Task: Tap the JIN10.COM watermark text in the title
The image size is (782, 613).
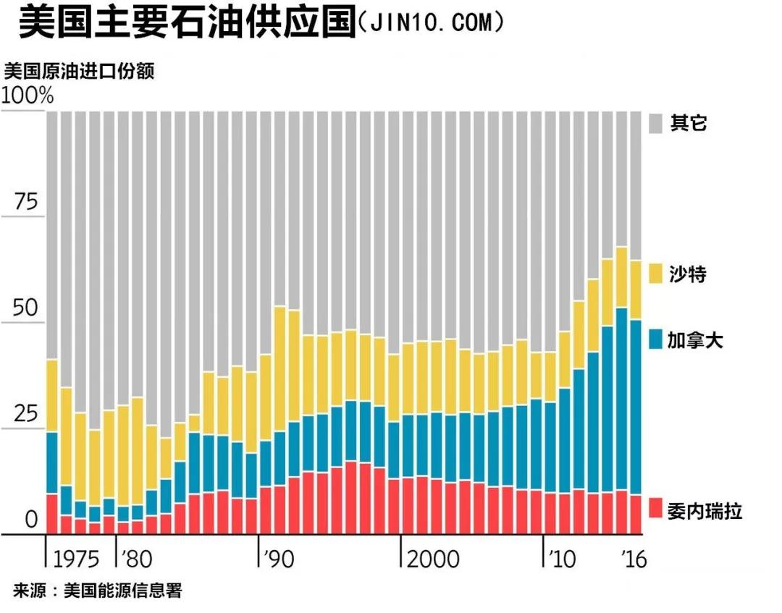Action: click(x=430, y=23)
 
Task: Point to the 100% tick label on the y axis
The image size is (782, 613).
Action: click(x=28, y=96)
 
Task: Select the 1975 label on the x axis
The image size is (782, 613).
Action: click(x=76, y=559)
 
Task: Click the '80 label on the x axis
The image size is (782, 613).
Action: click(x=137, y=559)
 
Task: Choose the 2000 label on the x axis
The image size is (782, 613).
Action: click(x=432, y=559)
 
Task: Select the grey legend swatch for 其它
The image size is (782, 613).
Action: click(x=655, y=123)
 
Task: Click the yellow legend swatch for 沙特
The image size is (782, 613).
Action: click(x=655, y=274)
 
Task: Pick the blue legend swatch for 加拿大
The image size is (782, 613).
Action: click(x=655, y=339)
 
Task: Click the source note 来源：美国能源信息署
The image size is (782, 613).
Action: click(x=97, y=591)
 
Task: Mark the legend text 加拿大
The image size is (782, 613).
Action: click(x=696, y=340)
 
